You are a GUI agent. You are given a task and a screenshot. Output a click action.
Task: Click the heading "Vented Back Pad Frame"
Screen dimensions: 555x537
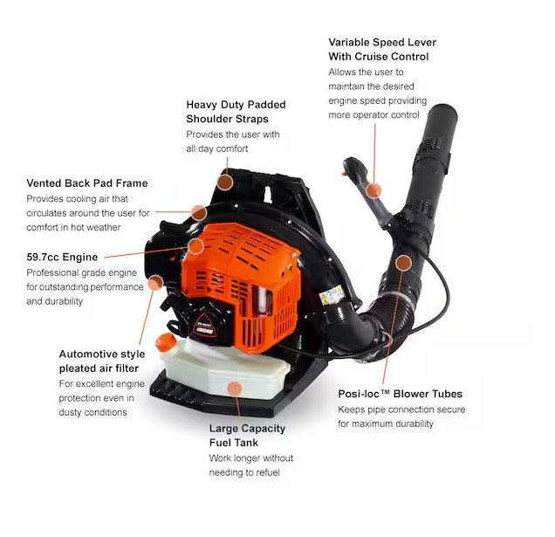[x=87, y=183]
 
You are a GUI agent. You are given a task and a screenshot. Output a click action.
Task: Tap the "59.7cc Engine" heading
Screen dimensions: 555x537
[x=62, y=258]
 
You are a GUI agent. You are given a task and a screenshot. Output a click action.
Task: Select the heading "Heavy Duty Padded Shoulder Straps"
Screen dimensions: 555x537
[x=236, y=112]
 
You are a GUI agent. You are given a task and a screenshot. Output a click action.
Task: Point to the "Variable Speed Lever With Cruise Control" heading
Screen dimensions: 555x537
[x=382, y=49]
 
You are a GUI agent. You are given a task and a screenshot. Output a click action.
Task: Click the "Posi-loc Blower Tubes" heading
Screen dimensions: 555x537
[x=400, y=394]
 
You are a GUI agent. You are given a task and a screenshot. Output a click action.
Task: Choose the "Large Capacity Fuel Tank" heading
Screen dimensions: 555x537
[x=247, y=436]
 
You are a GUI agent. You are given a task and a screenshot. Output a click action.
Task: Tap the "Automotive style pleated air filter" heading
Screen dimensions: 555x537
[x=102, y=361]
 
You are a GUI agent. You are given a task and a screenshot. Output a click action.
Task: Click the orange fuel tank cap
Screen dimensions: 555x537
[x=166, y=342]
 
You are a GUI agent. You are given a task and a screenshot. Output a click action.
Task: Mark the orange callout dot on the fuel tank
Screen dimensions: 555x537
[x=235, y=389]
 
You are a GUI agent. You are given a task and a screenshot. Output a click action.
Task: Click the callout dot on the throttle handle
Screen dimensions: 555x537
[x=373, y=190]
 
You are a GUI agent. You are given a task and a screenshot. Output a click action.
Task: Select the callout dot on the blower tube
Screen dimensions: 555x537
[x=403, y=263]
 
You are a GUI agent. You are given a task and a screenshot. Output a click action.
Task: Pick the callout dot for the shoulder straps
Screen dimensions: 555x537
[x=225, y=182]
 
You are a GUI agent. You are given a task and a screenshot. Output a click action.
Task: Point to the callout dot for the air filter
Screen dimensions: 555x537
[x=155, y=283]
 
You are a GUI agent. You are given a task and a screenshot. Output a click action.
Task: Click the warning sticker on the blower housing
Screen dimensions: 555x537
[x=332, y=295]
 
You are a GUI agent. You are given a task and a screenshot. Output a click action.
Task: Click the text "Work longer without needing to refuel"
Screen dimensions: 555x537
[x=251, y=465]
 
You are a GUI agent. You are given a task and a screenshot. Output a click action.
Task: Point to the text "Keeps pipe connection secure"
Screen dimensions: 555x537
[x=401, y=410]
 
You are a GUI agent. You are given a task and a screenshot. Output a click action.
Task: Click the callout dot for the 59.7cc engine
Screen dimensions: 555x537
[x=195, y=246]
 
